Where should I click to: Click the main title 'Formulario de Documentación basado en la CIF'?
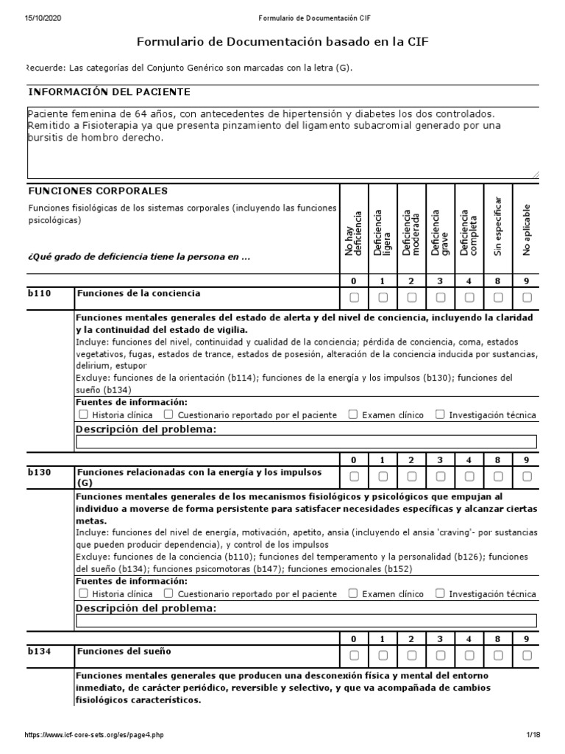pos(282,43)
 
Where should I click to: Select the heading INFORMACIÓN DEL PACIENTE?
pos(109,92)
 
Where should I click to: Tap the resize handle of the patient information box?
pos(535,175)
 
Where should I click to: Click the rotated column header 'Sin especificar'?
pos(498,226)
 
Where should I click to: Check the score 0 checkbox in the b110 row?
pos(354,297)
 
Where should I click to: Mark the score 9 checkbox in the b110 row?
pos(527,297)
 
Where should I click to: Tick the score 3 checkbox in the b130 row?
pos(441,476)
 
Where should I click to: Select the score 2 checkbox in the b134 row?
pos(412,655)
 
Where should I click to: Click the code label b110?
pos(40,294)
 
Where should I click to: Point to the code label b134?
pos(40,652)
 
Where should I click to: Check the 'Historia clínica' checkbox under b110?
pos(83,415)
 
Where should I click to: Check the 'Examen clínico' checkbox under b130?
pos(353,593)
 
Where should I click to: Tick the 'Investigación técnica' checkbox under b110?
pos(440,415)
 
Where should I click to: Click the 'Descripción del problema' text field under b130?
pos(306,621)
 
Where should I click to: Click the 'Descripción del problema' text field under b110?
pos(306,442)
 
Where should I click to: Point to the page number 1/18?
pos(533,736)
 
